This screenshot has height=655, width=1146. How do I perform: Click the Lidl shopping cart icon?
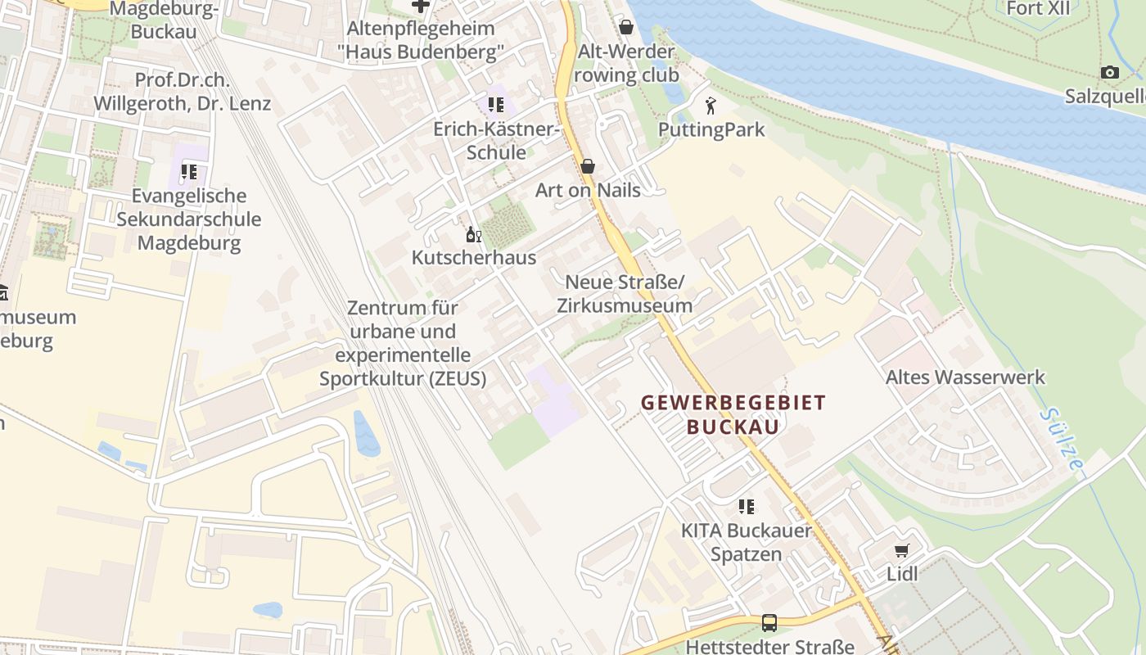click(902, 551)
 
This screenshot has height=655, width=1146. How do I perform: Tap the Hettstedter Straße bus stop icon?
click(769, 623)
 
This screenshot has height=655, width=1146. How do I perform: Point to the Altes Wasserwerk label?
click(965, 377)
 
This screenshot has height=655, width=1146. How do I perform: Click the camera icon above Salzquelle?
click(1110, 73)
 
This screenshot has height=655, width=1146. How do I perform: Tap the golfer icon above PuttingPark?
click(711, 106)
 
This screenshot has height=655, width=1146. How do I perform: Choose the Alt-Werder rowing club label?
click(626, 63)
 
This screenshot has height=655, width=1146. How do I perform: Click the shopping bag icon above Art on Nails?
click(587, 167)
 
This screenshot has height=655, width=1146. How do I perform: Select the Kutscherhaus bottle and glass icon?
click(473, 235)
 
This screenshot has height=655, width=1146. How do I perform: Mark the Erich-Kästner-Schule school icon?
click(495, 105)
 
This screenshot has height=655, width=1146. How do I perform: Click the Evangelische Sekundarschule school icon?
click(189, 172)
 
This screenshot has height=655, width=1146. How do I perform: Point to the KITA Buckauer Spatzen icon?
click(746, 507)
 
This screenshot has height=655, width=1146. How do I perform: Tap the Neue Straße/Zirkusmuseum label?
click(625, 294)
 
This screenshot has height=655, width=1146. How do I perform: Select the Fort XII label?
click(1038, 9)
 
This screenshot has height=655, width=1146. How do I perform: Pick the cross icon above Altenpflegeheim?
click(420, 7)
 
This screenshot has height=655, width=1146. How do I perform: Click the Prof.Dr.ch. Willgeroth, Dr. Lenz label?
click(182, 93)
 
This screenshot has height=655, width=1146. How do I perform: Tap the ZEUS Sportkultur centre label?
click(403, 344)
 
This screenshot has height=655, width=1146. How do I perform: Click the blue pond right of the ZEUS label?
click(366, 433)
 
